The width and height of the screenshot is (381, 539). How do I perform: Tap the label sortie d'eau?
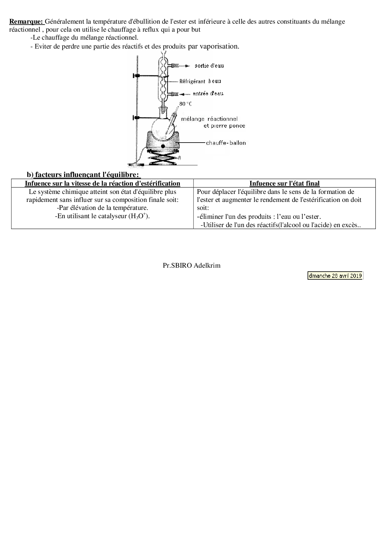209,66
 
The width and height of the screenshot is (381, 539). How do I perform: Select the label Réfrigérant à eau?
200,81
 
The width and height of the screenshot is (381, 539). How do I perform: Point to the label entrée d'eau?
208,93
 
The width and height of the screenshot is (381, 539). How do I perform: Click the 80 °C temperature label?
186,104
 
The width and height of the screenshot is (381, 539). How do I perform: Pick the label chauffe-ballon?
226,143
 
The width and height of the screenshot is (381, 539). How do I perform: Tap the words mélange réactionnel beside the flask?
209,119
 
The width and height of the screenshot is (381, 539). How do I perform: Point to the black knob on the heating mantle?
163,146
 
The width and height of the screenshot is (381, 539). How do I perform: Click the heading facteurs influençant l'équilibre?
88,175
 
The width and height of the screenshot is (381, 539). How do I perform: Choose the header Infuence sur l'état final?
285,183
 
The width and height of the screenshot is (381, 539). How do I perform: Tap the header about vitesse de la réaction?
102,183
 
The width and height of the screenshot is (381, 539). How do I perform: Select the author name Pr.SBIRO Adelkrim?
191,266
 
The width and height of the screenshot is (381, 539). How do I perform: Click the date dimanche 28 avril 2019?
335,276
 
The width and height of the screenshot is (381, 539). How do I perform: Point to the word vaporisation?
219,46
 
